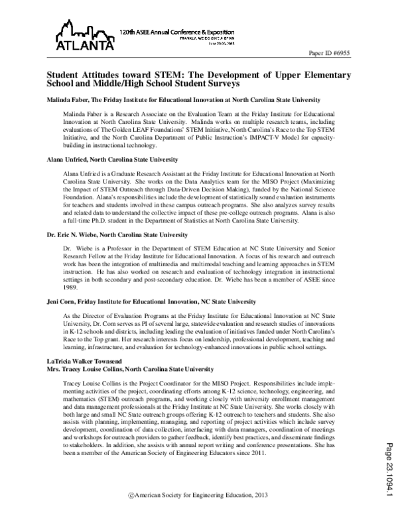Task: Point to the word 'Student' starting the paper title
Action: click(x=62, y=76)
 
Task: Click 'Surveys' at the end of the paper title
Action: click(x=218, y=85)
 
